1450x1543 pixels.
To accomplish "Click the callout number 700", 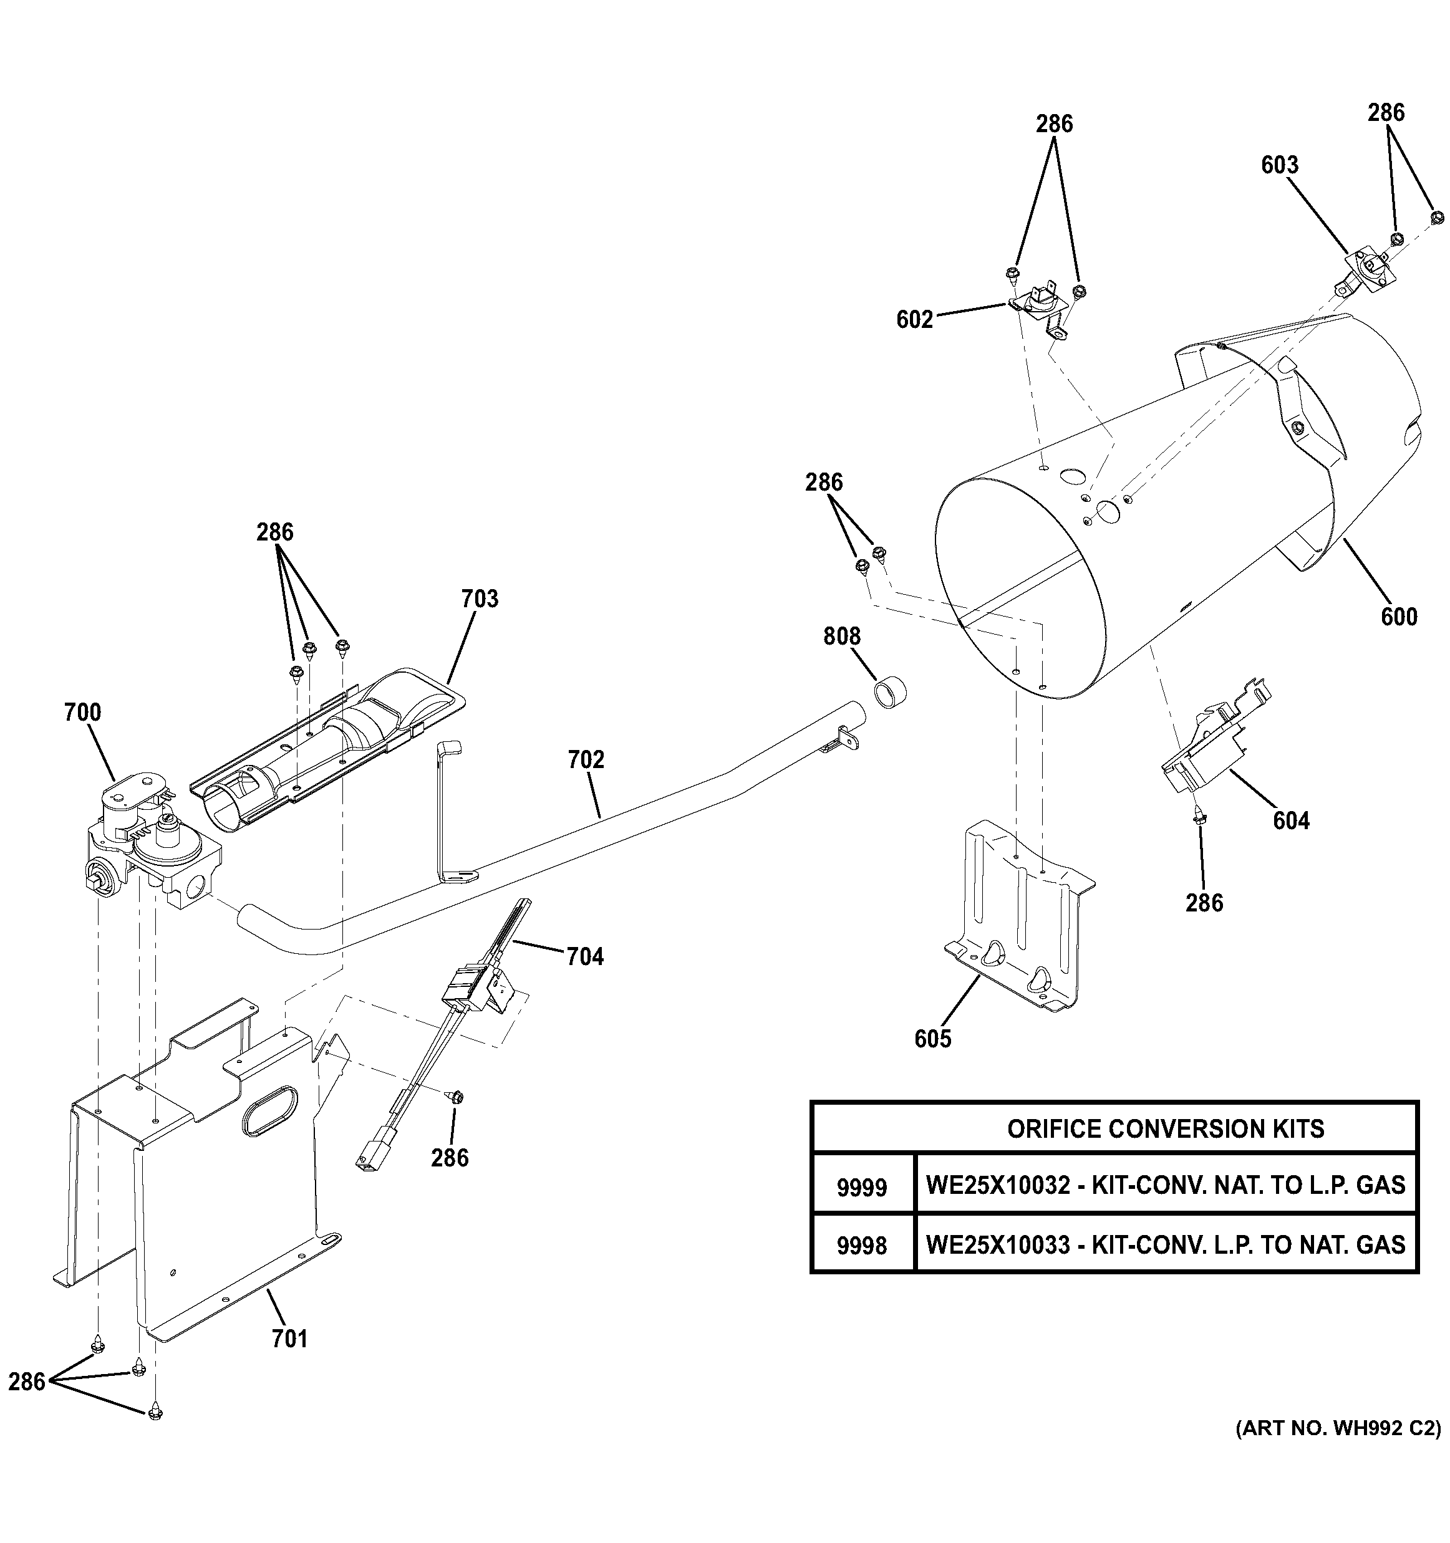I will [82, 713].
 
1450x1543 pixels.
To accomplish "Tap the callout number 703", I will [480, 599].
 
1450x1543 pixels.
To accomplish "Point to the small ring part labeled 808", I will [892, 691].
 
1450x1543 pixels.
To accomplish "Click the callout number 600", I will [1399, 617].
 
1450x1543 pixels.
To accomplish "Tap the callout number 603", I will [1279, 165].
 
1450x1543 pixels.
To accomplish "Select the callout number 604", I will [1291, 821].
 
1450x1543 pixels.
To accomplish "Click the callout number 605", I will [932, 1039].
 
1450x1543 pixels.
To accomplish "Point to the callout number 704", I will [584, 957].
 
